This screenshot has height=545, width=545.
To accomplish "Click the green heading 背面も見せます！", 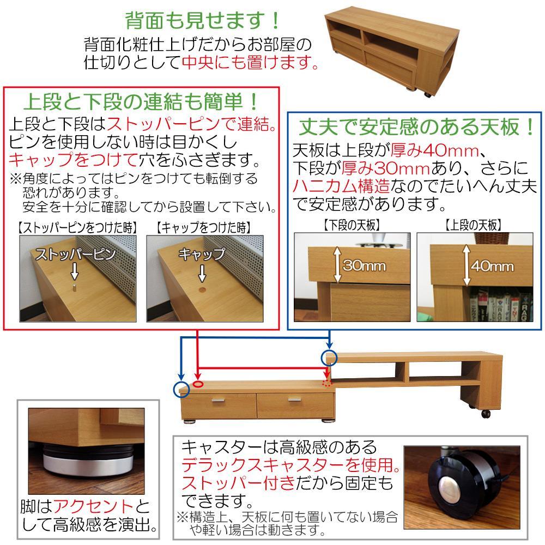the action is [202, 21].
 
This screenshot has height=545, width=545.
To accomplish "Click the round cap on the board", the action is [202, 289].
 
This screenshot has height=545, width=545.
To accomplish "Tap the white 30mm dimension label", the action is [364, 266].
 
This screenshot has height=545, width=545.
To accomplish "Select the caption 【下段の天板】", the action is [352, 225].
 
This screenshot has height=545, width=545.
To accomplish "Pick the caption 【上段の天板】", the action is [474, 225].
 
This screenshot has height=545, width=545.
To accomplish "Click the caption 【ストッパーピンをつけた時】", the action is [77, 228].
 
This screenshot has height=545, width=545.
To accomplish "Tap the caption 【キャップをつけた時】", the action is [203, 228].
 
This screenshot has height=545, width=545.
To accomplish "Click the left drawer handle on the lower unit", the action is [219, 401].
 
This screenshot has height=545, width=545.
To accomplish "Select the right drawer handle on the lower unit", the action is [295, 399].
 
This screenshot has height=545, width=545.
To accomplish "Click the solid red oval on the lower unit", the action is [198, 384].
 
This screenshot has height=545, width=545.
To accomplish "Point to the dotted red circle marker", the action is [327, 383].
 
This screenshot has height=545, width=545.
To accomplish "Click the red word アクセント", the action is [94, 506].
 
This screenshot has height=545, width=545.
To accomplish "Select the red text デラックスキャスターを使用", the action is [287, 465].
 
